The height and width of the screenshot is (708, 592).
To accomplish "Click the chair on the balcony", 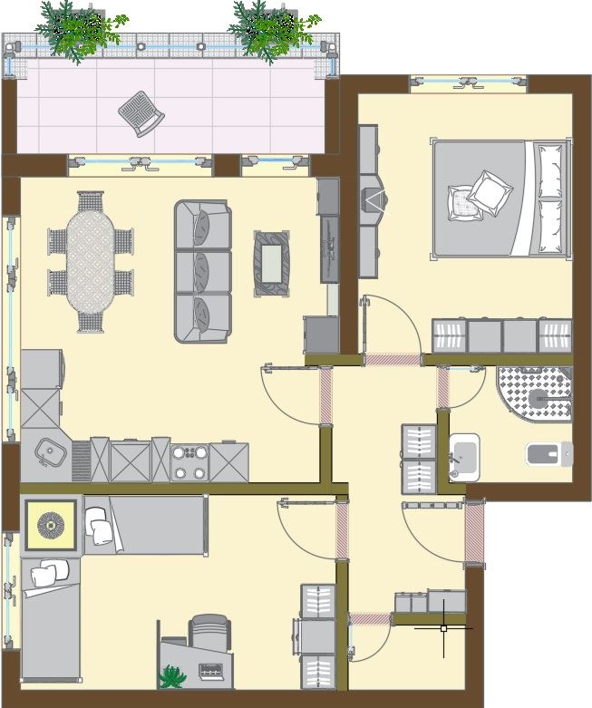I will (141, 113).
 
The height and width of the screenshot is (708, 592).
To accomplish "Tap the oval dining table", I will (91, 261).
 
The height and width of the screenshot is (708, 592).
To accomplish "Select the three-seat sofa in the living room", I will (202, 271).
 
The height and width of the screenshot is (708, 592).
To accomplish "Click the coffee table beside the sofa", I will (272, 263).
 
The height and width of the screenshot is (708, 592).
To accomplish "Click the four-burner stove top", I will (189, 461).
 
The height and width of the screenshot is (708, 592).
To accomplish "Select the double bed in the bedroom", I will (500, 199).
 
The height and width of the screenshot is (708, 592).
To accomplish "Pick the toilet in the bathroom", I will (549, 453).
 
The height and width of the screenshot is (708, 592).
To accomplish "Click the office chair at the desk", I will (210, 632).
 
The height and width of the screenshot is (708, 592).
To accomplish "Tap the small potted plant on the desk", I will (170, 676).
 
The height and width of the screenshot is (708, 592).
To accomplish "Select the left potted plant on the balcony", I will (80, 30).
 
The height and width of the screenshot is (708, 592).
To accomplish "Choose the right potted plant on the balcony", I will (272, 30).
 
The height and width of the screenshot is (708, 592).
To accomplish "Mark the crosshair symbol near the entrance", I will (443, 627).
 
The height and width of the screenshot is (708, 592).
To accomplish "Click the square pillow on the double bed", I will (490, 192).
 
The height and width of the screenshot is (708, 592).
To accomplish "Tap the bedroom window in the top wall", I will (469, 83).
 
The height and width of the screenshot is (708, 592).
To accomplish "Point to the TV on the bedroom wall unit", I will (373, 199).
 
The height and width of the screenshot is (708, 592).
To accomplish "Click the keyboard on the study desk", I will (212, 672).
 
